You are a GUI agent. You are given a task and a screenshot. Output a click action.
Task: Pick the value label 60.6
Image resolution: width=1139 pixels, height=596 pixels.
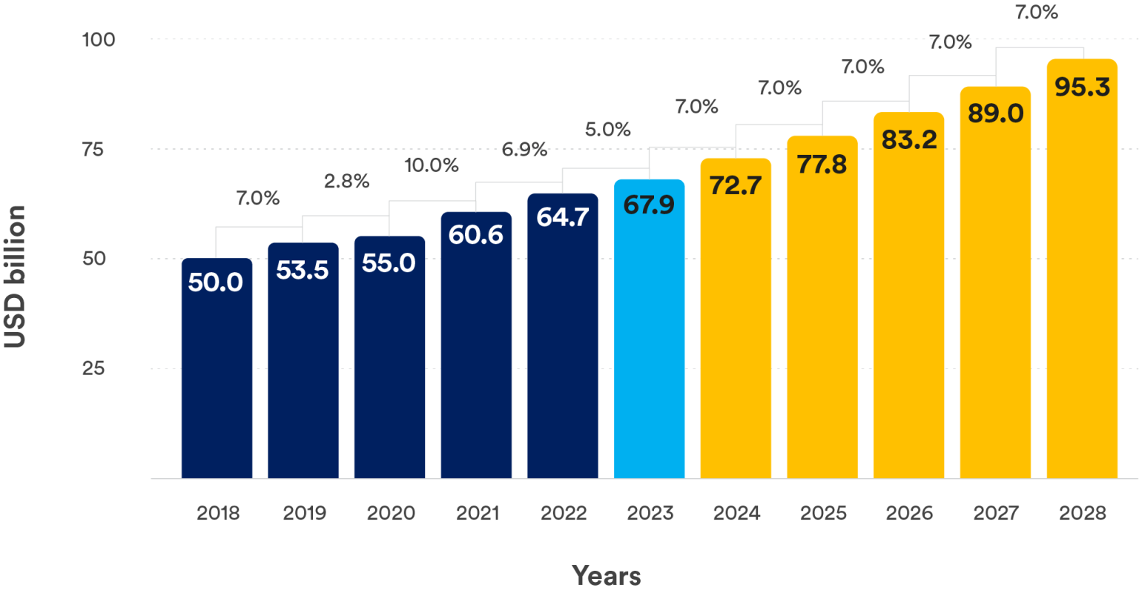[476, 235]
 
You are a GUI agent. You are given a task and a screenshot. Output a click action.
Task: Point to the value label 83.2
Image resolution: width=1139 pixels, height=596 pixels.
[909, 139]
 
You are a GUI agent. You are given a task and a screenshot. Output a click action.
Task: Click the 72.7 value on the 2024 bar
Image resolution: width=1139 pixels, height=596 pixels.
[736, 185]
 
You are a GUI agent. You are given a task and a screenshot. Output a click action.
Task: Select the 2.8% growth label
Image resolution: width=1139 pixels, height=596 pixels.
[346, 182]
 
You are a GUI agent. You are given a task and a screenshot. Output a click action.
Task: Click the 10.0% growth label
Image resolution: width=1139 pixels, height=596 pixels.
[431, 165]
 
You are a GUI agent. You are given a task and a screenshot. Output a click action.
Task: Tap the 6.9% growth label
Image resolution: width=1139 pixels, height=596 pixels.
[524, 149]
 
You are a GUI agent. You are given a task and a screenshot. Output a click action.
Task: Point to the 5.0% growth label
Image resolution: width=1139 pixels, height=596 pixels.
[608, 130]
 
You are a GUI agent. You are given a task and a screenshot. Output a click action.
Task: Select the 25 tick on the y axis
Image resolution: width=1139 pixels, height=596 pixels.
[93, 368]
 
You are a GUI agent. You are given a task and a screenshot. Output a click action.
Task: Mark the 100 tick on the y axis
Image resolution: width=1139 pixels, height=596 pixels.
[99, 39]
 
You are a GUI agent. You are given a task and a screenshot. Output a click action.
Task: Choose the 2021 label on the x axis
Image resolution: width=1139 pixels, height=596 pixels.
[477, 513]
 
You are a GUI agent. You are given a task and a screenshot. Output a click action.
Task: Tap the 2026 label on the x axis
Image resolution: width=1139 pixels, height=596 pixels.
[909, 513]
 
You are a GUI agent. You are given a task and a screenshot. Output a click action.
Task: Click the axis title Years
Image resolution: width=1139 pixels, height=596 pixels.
[606, 575]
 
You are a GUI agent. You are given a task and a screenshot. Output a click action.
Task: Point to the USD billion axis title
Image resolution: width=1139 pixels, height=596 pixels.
[15, 276]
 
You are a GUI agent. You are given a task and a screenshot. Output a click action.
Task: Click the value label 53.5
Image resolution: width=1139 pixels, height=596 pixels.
[303, 271]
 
